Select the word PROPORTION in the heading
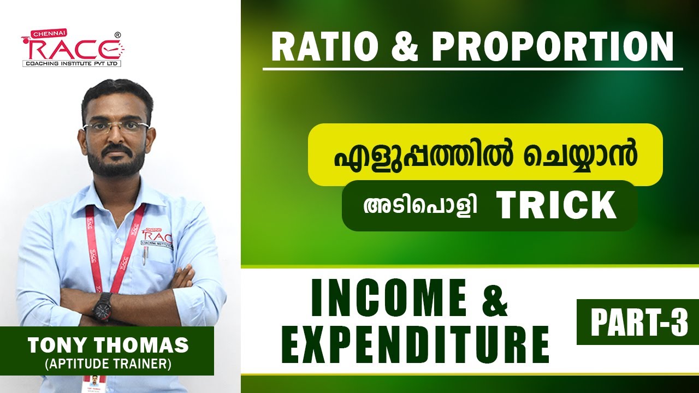pos(553,47)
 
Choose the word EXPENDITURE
pos(418,345)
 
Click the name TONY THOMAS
pos(108,346)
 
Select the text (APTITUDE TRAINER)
pos(108,364)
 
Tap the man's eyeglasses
pos(117,128)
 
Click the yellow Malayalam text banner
pos(485,155)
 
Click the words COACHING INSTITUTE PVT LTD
pos(72,63)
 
